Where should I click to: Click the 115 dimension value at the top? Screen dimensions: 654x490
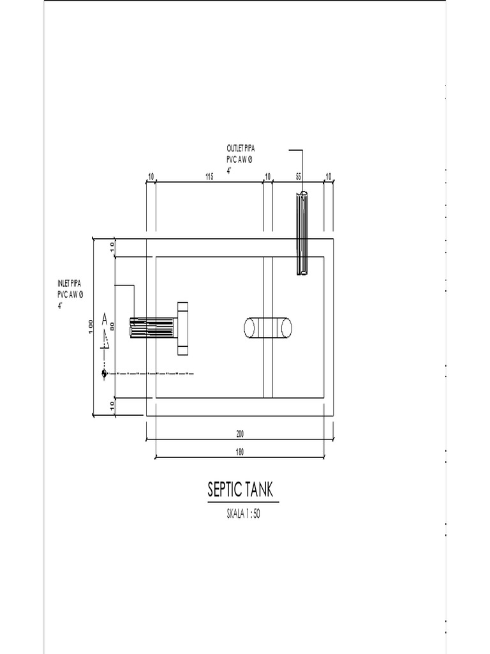[209, 176]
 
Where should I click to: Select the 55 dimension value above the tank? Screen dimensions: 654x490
[299, 176]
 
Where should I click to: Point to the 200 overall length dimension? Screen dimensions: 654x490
[240, 434]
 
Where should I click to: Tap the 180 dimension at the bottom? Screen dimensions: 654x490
[240, 452]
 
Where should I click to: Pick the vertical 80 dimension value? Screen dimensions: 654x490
[112, 326]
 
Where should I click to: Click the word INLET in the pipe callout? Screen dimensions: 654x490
[64, 283]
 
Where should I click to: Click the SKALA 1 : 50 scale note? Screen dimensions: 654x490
[244, 514]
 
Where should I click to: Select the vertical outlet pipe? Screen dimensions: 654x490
[302, 233]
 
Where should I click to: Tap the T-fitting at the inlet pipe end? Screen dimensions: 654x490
[183, 328]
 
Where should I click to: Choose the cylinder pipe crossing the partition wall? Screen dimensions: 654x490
[268, 328]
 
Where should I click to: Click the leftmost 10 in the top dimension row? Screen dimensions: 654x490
[151, 176]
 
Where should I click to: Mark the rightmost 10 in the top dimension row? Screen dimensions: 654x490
[329, 176]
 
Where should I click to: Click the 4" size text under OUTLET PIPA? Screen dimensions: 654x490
[228, 171]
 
